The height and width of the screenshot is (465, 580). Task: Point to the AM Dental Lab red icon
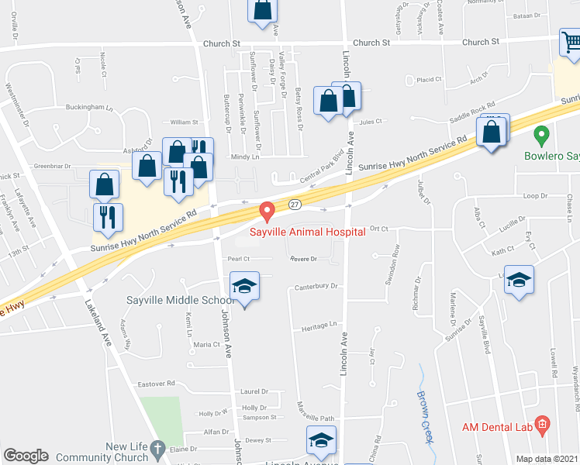(x=543, y=425)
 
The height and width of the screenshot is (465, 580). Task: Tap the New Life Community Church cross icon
(x=157, y=449)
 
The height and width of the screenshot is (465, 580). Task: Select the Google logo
(x=26, y=456)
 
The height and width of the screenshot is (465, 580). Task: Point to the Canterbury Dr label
(x=316, y=286)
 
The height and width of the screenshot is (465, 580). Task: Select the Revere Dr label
(x=305, y=259)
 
